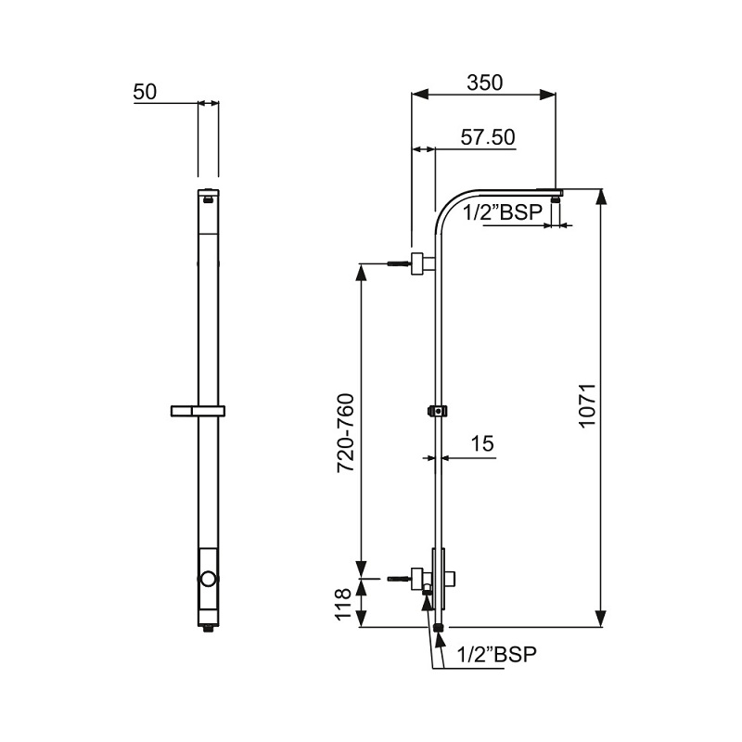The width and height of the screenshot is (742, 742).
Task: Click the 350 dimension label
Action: (x=484, y=82)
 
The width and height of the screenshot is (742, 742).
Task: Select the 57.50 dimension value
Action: (x=488, y=137)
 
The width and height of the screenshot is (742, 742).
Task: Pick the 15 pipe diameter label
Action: (x=481, y=444)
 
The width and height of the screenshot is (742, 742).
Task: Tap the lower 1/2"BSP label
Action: (x=496, y=654)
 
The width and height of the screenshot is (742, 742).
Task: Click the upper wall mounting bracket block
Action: (x=422, y=263)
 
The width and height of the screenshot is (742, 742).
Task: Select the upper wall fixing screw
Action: (x=396, y=264)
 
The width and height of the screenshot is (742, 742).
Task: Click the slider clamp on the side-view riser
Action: (x=436, y=410)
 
